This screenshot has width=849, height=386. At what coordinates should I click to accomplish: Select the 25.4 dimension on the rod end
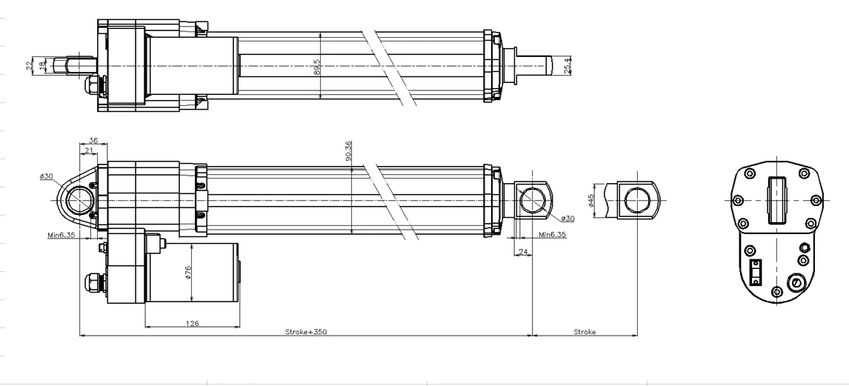(567, 65)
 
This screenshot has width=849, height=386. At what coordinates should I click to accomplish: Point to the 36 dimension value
(93, 140)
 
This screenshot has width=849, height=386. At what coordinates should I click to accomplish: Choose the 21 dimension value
(88, 150)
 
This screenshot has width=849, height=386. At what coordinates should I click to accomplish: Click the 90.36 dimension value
(348, 152)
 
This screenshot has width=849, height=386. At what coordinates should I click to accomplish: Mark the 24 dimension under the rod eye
(524, 252)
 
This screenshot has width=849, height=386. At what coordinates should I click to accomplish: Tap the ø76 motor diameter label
(188, 273)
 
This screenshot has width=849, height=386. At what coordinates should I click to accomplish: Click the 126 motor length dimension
(192, 324)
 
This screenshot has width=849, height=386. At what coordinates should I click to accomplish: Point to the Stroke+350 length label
(305, 332)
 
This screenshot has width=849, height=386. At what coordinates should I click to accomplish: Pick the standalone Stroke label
(585, 332)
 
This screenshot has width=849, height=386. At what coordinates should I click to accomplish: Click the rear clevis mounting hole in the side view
(79, 200)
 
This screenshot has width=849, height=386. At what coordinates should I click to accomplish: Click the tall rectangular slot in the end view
(776, 200)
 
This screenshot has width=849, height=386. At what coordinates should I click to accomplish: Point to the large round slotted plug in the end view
(797, 282)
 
